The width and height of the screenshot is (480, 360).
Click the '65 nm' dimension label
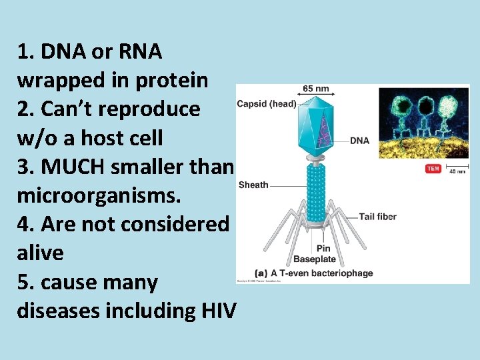tap(315, 89)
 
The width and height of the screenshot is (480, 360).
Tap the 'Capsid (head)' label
tap(267, 104)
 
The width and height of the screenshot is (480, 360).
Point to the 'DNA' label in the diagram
tap(359, 141)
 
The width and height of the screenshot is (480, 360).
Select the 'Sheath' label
tap(253, 185)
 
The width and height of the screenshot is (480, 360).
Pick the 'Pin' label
tap(323, 249)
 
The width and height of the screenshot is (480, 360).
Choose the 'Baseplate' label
tap(315, 259)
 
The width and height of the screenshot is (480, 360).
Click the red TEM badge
tap(433, 169)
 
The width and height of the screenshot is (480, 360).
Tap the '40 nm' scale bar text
tap(457, 172)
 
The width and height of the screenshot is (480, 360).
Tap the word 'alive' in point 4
tap(40, 253)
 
